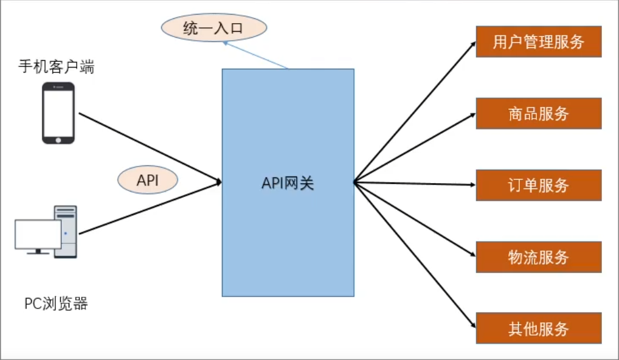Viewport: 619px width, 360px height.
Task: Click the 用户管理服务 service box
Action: [x=538, y=41]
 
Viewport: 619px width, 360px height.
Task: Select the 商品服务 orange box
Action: [x=538, y=113]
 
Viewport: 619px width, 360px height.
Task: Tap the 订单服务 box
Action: [x=538, y=185]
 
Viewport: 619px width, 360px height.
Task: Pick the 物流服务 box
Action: [x=538, y=257]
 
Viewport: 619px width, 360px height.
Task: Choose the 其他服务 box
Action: [x=538, y=328]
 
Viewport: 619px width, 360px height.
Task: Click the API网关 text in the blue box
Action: [x=288, y=182]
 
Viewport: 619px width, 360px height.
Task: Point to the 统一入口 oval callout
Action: [x=214, y=28]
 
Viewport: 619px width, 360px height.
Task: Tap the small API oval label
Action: [x=148, y=181]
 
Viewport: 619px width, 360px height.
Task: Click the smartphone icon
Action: [x=58, y=112]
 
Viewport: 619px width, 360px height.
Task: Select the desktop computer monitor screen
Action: [x=38, y=235]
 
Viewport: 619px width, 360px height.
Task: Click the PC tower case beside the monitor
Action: [x=66, y=231]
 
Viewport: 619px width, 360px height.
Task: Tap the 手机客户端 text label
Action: [x=56, y=67]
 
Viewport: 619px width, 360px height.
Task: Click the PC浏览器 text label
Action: [x=56, y=303]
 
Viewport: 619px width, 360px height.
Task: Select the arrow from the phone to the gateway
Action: [x=149, y=147]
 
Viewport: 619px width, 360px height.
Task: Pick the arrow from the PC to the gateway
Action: [x=149, y=207]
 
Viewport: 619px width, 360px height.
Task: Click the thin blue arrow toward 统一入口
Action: [x=255, y=55]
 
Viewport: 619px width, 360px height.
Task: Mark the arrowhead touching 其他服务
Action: [x=472, y=326]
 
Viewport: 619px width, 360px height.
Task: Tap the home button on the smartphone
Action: [x=58, y=139]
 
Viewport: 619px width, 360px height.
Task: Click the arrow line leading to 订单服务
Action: [x=413, y=182]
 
